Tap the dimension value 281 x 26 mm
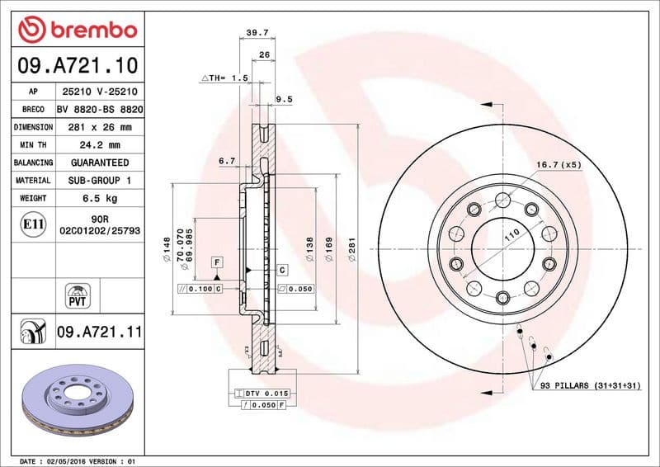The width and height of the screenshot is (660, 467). [102, 127]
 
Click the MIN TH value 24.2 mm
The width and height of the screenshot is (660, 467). [102, 145]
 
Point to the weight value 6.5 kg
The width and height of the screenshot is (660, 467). [102, 198]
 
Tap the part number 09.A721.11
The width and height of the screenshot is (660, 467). [100, 332]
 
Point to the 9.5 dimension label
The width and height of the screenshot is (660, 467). [284, 99]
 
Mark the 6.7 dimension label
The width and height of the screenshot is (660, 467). [228, 162]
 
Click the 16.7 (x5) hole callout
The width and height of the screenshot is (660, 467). [559, 165]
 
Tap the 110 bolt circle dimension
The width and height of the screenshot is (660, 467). [511, 235]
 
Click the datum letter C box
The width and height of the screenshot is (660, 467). [281, 269]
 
